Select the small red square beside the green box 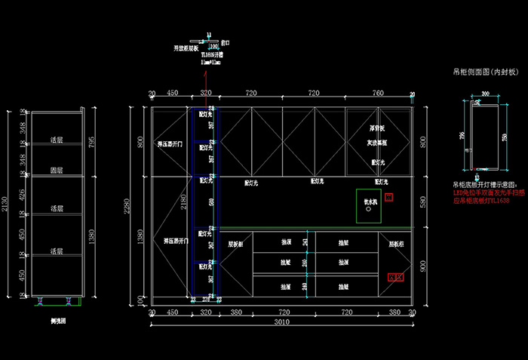pyautogui.click(x=388, y=197)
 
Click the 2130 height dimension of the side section pyautogui.click(x=5, y=203)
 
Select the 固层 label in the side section pyautogui.click(x=56, y=171)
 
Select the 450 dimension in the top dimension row pyautogui.click(x=172, y=93)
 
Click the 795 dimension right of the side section pyautogui.click(x=93, y=143)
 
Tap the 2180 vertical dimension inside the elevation pyautogui.click(x=183, y=202)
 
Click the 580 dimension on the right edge pyautogui.click(x=422, y=203)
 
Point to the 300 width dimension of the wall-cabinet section pyautogui.click(x=484, y=94)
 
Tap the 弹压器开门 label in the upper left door pyautogui.click(x=170, y=143)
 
